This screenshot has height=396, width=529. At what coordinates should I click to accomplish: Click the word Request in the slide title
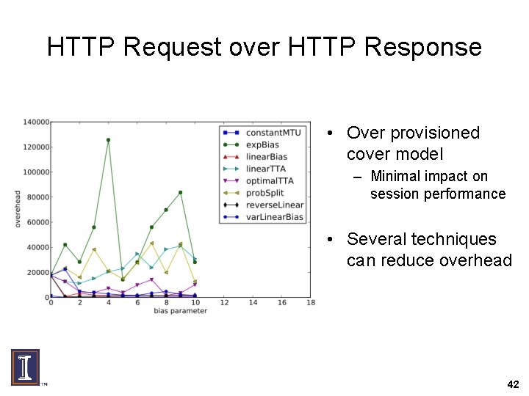coord(172,47)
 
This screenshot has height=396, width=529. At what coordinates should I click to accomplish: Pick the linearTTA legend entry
coord(266,169)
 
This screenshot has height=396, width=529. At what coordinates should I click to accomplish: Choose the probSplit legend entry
coord(265,193)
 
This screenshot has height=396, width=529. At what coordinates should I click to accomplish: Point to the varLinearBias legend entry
coord(274,217)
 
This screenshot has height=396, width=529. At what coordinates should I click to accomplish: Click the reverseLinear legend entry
coord(275,205)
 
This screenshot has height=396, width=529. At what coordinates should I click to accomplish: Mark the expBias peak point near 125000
coord(108,139)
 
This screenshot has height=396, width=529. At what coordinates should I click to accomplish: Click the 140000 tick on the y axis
coord(35,122)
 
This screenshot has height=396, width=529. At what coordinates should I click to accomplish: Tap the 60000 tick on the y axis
coord(37,222)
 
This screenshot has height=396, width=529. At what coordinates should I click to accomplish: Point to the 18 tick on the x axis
coord(311,303)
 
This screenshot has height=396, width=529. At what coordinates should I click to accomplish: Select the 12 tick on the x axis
coord(224,303)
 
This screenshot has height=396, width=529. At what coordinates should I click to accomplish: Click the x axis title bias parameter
coord(180,311)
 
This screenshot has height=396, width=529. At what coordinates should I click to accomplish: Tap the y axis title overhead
coord(18,209)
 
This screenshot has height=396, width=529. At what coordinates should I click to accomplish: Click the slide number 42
coord(513,384)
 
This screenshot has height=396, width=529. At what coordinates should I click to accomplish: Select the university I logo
coord(25,367)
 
